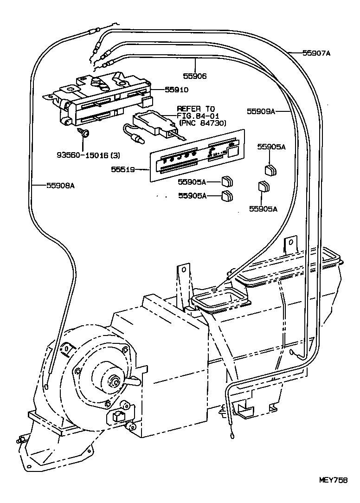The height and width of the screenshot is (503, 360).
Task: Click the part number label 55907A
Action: pyautogui.click(x=317, y=53)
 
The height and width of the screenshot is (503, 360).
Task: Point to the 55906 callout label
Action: pyautogui.click(x=195, y=76)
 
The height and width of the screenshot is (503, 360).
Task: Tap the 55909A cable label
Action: pyautogui.click(x=261, y=111)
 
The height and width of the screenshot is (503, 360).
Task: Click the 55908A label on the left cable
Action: pyautogui.click(x=60, y=185)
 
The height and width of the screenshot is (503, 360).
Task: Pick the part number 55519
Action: pyautogui.click(x=122, y=169)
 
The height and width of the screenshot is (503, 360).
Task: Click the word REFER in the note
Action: pyautogui.click(x=187, y=109)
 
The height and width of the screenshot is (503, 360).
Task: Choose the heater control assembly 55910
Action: pyautogui.click(x=102, y=97)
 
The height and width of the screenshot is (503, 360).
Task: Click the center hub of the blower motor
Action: pyautogui.click(x=113, y=381)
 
